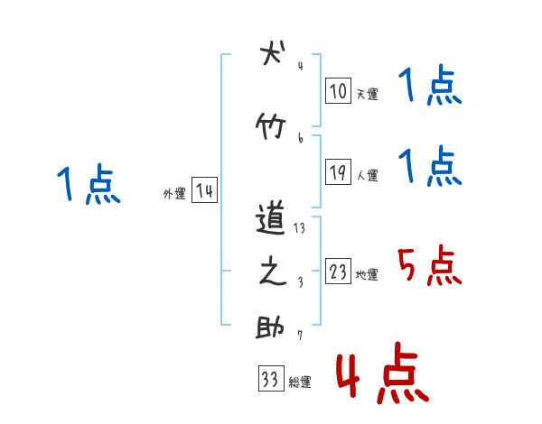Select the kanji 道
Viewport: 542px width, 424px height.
coord(271,218)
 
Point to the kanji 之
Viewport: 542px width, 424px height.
coord(271,273)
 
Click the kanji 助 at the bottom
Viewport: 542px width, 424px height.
coord(271,327)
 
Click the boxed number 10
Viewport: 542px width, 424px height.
coord(338,91)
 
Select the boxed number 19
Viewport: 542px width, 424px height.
coord(338,173)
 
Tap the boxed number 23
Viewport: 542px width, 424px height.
coord(338,272)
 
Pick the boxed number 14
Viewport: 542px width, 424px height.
coord(204,191)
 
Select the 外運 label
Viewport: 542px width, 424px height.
coord(174,194)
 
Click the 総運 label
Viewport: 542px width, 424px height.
coord(300,382)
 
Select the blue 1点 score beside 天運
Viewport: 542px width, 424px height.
coord(429,88)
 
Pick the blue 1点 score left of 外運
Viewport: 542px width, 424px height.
coord(88,185)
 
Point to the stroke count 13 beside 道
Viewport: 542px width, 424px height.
coord(299,228)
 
